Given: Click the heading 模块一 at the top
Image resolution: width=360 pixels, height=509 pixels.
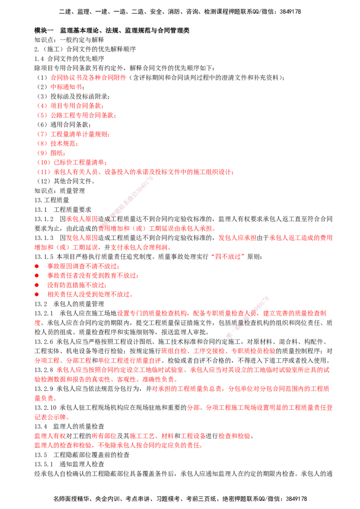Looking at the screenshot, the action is click(44, 31).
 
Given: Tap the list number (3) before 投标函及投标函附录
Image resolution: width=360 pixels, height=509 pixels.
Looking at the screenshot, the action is click(42, 96).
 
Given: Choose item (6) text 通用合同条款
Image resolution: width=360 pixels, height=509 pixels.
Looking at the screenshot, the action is click(70, 125).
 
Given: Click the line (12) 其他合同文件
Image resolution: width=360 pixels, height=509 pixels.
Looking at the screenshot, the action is click(66, 181).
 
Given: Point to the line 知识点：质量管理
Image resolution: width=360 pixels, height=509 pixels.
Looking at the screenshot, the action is click(60, 191).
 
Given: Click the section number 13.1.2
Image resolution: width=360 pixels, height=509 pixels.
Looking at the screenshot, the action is click(44, 219).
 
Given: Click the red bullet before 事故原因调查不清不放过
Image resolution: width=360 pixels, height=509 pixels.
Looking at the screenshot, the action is click(37, 266).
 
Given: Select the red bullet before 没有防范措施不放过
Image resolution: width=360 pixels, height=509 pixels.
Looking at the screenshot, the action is click(37, 285).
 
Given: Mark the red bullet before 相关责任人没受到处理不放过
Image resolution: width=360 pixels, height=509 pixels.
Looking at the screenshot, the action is click(37, 295).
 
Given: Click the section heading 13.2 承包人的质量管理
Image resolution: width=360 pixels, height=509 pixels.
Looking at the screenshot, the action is click(69, 304).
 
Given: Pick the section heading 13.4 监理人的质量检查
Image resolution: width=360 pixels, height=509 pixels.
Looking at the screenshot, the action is click(69, 426).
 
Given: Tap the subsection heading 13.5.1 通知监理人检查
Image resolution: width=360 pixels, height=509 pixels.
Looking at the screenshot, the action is click(69, 464).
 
